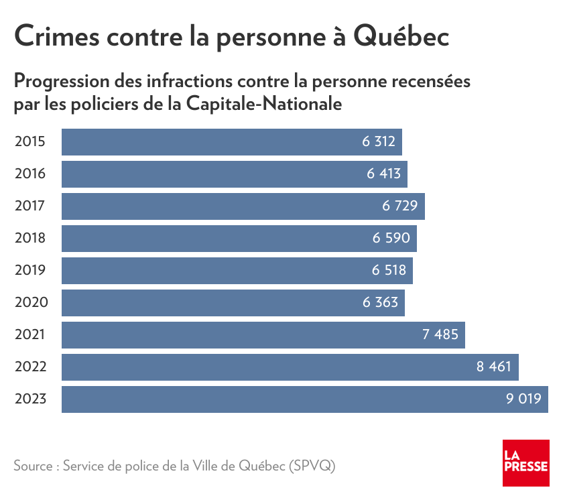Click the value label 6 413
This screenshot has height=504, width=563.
pyautogui.click(x=383, y=174)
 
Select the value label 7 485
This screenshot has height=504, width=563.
pyautogui.click(x=440, y=335)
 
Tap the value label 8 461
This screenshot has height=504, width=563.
pyautogui.click(x=494, y=367)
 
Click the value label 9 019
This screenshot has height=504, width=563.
pyautogui.click(x=523, y=399)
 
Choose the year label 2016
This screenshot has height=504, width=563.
pyautogui.click(x=30, y=174)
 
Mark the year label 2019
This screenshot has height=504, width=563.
pyautogui.click(x=30, y=271)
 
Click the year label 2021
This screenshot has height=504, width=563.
pyautogui.click(x=30, y=335)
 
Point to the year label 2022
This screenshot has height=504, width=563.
pyautogui.click(x=30, y=367)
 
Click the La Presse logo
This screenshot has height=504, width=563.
pyautogui.click(x=525, y=463)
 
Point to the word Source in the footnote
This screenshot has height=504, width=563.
pyautogui.click(x=32, y=466)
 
